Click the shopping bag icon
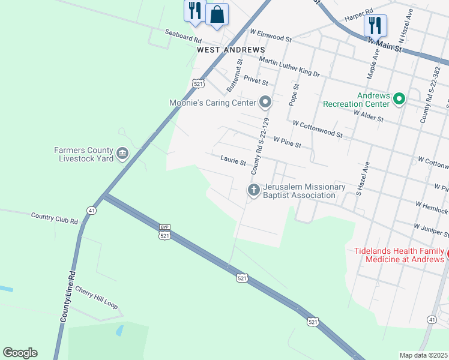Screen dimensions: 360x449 click(x=217, y=14)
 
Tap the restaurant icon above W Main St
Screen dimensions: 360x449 click(x=375, y=25)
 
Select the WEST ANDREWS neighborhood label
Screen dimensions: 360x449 click(x=231, y=49)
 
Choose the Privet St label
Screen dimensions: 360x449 click(x=256, y=80)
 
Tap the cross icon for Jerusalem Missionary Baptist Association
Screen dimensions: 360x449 click(x=254, y=191)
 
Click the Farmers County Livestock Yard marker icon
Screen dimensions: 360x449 click(x=122, y=154)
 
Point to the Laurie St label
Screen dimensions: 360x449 click(x=233, y=162)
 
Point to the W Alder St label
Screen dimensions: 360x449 click(x=369, y=116)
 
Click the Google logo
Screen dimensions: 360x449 click(x=20, y=353)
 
